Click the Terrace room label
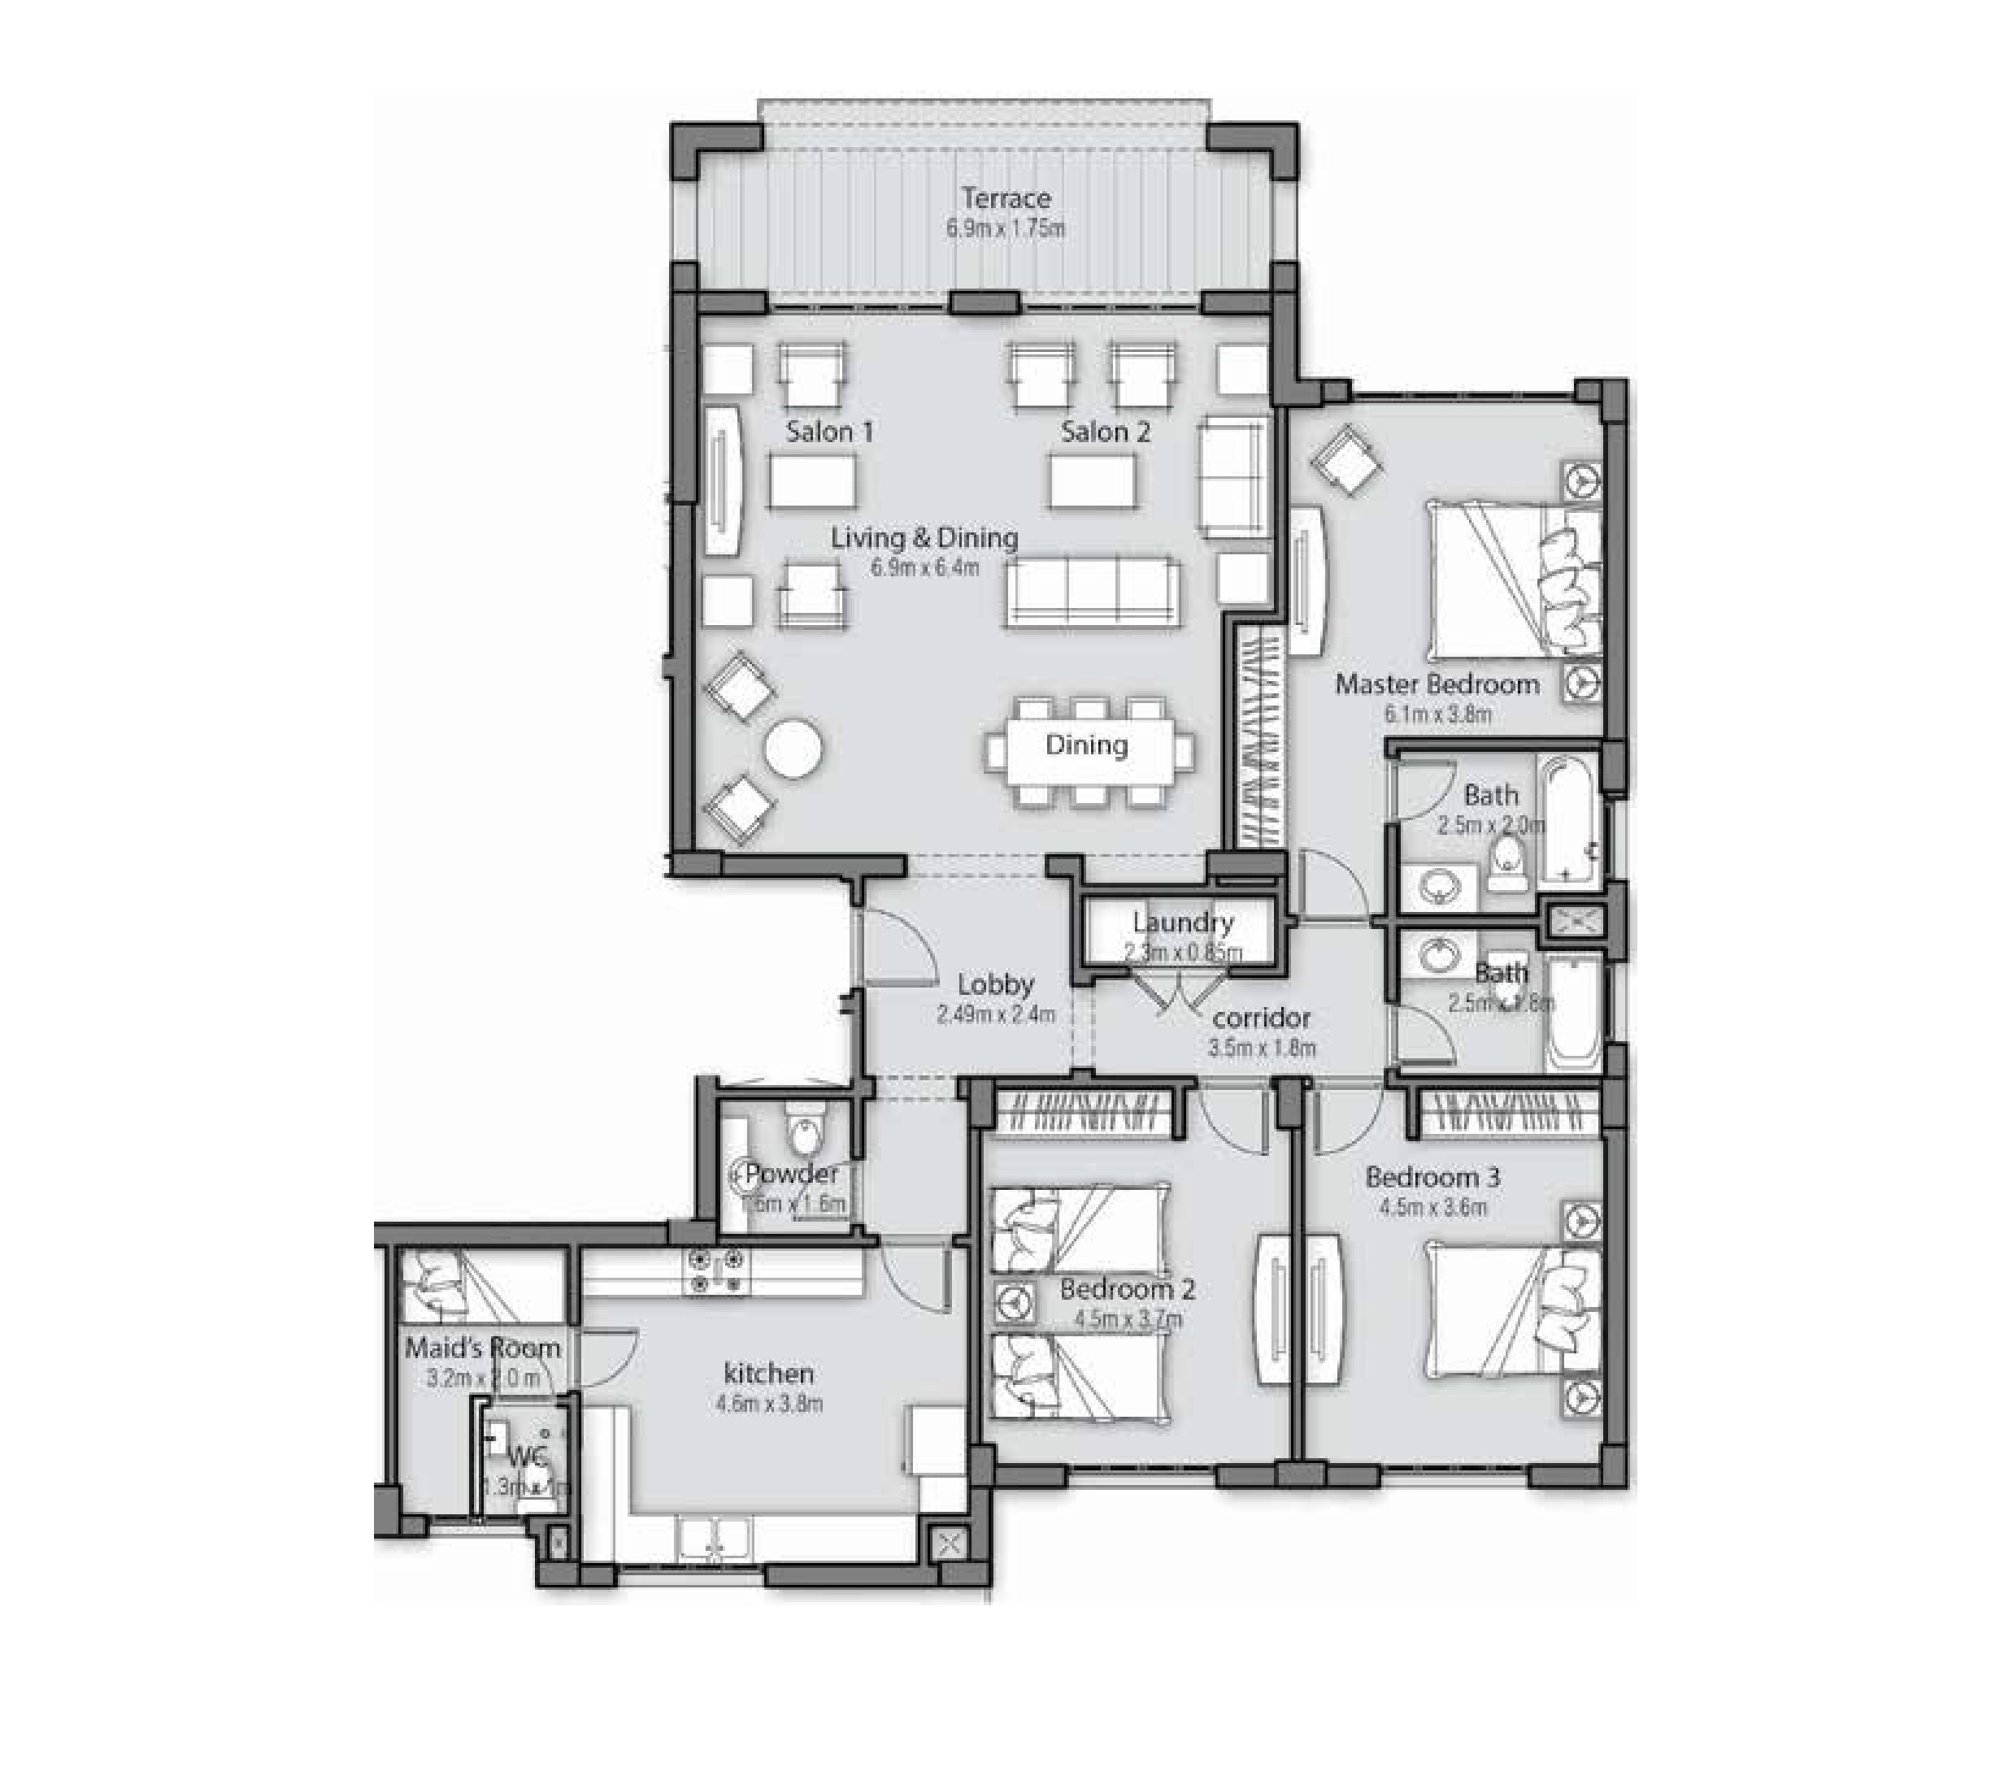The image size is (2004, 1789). click(1006, 198)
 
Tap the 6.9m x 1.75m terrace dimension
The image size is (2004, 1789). click(1006, 229)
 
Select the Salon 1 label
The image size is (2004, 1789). click(829, 432)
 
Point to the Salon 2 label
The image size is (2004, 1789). click(1105, 432)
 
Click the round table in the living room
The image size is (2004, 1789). click(793, 752)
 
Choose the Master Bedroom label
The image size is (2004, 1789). click(1437, 684)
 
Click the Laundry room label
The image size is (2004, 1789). click(1182, 922)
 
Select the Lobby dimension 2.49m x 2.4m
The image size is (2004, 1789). click(995, 1014)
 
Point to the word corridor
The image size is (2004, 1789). click(1262, 1018)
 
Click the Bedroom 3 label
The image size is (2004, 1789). click(1432, 1177)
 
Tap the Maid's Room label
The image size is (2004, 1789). click(483, 1348)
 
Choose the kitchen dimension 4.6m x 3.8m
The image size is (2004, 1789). click(770, 1404)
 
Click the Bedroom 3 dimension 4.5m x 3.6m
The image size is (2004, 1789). click(1432, 1207)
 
